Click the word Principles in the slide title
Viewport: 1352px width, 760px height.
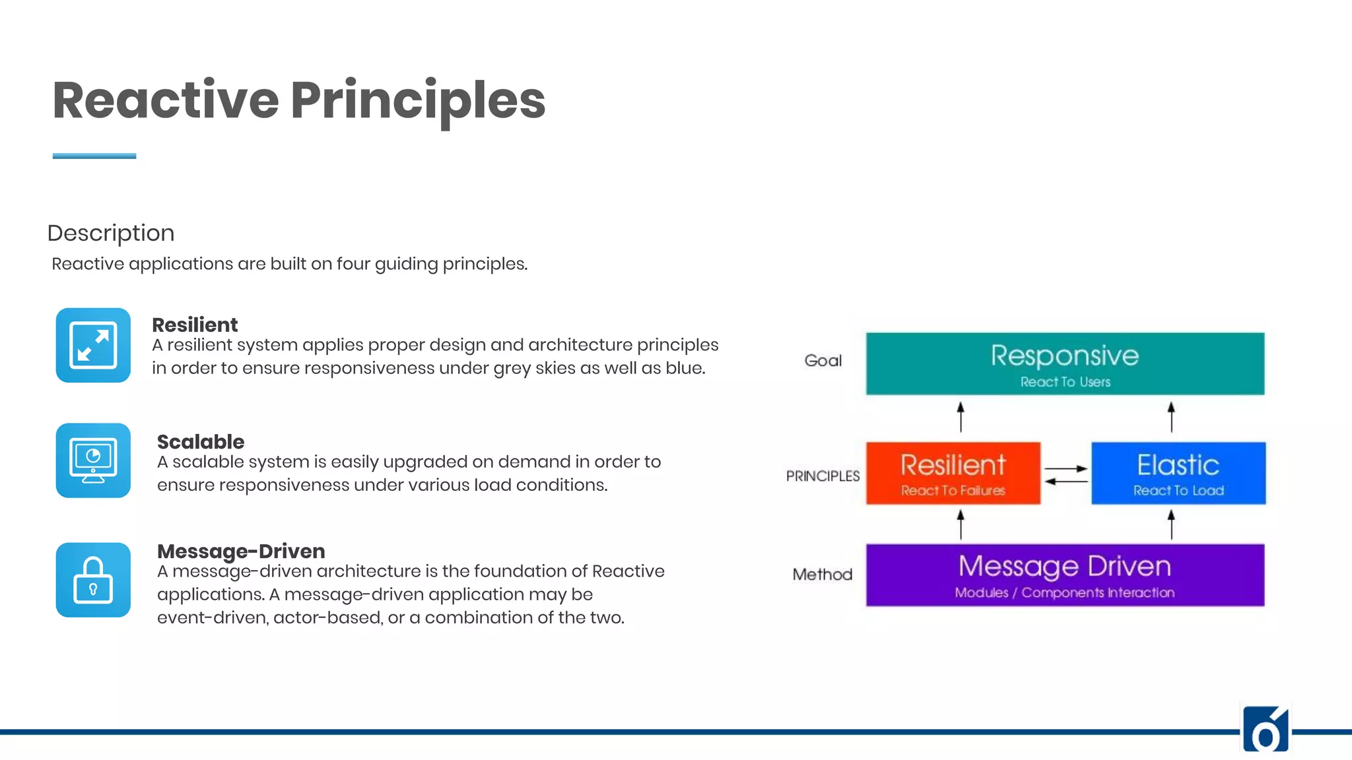[x=417, y=100]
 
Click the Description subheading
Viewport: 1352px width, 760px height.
[x=111, y=233]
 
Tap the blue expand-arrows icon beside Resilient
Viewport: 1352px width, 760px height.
[x=93, y=345]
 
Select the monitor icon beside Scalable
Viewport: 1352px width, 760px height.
[x=93, y=460]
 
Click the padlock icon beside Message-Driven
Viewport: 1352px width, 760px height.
[x=93, y=580]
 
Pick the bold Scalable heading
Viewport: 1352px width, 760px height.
[x=201, y=441]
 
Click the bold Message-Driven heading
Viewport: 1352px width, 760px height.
[x=241, y=551]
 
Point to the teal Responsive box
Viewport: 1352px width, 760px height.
[x=1065, y=364]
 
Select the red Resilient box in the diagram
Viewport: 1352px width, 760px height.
[x=953, y=473]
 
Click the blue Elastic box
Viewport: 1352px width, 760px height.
[x=1178, y=473]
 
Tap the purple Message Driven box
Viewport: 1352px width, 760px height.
[x=1065, y=575]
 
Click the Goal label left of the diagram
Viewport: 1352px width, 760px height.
[x=823, y=361]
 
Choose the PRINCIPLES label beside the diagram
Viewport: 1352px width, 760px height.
[x=823, y=476]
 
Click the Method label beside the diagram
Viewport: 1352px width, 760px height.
[x=823, y=575]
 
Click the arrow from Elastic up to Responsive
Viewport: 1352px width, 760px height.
[x=1171, y=417]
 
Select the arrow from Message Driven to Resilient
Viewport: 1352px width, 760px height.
[x=961, y=524]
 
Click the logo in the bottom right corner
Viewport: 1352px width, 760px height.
[x=1266, y=729]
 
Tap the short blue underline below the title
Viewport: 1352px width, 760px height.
[x=94, y=156]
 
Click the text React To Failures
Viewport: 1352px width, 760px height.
[x=953, y=491]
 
